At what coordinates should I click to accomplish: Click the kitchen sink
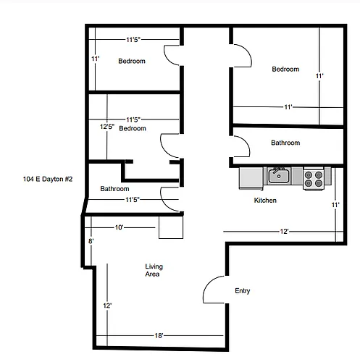click(279, 176)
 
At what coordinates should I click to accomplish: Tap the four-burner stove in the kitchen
click(314, 179)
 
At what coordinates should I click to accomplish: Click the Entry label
click(243, 291)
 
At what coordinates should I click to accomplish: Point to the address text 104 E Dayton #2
click(48, 179)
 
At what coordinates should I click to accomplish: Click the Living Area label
click(154, 270)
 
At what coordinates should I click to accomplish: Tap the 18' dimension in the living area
click(159, 335)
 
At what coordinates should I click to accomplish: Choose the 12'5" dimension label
click(107, 127)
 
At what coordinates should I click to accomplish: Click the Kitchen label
click(265, 201)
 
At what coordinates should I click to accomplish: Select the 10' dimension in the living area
click(119, 227)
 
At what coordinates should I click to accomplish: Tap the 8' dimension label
click(91, 241)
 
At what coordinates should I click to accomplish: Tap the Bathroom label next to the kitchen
click(285, 143)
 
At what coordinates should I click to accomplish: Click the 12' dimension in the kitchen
click(284, 232)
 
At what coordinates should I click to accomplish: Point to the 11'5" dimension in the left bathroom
click(133, 200)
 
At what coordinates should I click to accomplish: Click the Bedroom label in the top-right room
click(285, 70)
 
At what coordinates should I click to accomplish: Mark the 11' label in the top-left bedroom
click(95, 59)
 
